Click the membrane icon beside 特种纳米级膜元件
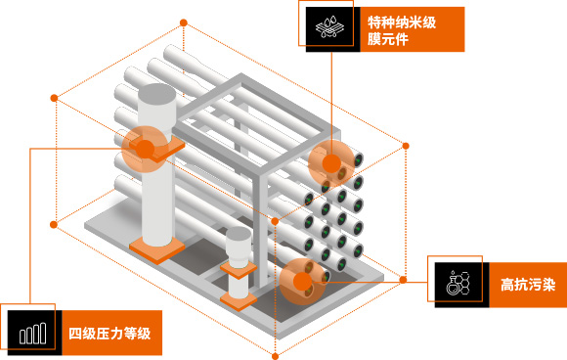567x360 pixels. pyautogui.click(x=324, y=27)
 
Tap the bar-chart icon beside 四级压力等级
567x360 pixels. pyautogui.click(x=31, y=333)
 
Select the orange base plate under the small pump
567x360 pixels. pyautogui.click(x=239, y=296)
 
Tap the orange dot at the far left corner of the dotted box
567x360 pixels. pyautogui.click(x=55, y=98)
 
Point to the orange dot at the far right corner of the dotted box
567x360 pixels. pyautogui.click(x=405, y=147)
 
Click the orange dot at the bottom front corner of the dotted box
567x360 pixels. pyautogui.click(x=273, y=350)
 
